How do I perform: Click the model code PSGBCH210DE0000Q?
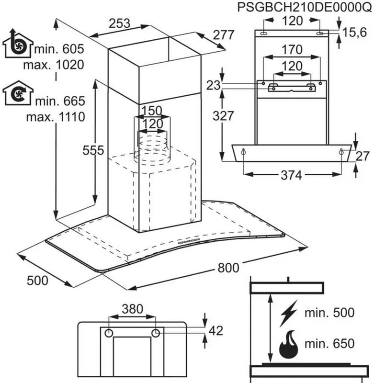304,7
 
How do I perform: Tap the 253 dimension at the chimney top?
119,23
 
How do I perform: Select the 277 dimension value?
224,35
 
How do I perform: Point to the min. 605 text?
59,49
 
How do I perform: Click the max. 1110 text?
56,117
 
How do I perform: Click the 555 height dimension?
93,150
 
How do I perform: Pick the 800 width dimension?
228,268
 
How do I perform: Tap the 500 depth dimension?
37,281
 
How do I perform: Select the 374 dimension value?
292,175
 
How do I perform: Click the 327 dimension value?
223,116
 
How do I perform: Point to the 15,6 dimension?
354,32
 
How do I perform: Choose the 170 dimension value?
292,50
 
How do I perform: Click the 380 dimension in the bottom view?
132,309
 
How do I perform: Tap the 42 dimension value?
216,331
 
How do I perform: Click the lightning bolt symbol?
289,313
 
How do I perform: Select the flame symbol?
289,344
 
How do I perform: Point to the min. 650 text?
329,343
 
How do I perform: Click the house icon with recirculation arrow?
18,93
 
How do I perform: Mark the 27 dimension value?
363,157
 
